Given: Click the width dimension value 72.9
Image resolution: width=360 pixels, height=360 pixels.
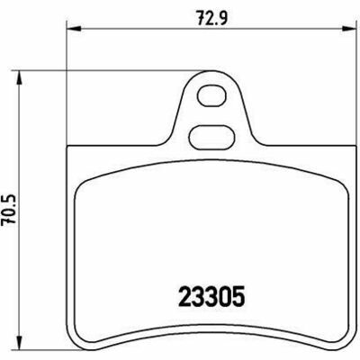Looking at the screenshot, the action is (x=212, y=19).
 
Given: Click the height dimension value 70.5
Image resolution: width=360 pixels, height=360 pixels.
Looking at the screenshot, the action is (x=8, y=210).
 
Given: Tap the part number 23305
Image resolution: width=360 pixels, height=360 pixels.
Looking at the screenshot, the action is (x=211, y=296).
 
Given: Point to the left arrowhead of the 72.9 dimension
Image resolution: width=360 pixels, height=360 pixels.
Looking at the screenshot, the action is (x=74, y=29).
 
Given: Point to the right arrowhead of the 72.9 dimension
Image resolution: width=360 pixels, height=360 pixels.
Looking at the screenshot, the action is (x=347, y=29).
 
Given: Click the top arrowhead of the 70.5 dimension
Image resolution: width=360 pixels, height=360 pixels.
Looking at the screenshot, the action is (x=19, y=78).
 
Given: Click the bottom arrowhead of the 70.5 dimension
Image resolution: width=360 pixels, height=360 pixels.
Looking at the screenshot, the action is (x=19, y=342).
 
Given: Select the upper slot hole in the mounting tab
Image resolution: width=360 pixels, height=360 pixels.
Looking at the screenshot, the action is (x=211, y=95).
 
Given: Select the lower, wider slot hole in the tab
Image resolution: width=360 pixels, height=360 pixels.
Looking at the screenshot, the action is (x=211, y=137).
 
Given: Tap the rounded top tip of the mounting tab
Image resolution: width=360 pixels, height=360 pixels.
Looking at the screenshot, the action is (x=212, y=71).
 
